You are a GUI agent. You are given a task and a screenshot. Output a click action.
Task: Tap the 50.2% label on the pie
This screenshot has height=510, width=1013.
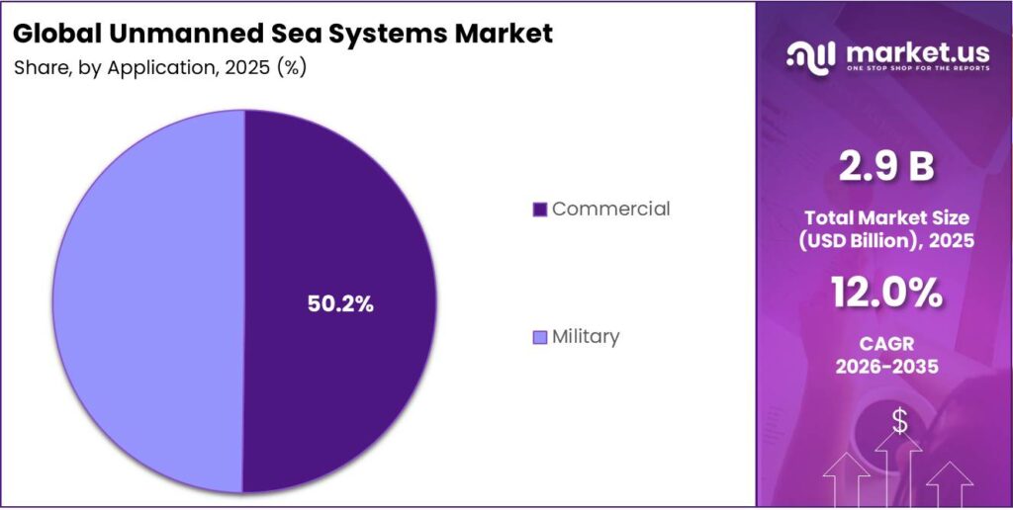pyautogui.click(x=339, y=304)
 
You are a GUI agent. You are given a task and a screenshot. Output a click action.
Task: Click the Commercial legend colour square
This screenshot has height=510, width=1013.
pyautogui.click(x=539, y=210)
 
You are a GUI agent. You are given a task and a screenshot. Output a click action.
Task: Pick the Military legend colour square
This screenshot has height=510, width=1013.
pyautogui.click(x=539, y=337)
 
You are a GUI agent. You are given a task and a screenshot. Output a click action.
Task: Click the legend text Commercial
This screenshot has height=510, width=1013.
pyautogui.click(x=610, y=209)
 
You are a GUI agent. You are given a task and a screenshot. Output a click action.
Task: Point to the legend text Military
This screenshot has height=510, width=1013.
pyautogui.click(x=586, y=336)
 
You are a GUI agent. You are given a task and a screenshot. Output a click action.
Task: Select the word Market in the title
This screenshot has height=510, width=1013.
pyautogui.click(x=503, y=33)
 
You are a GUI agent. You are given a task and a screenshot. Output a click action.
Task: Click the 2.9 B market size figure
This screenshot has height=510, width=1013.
pyautogui.click(x=886, y=167)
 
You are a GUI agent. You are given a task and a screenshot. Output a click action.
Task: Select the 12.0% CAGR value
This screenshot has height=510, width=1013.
pyautogui.click(x=886, y=294)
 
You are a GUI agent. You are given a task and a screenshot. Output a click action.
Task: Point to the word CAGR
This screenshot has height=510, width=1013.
pyautogui.click(x=886, y=343)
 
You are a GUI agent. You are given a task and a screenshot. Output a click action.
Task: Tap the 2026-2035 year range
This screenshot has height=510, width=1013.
pyautogui.click(x=886, y=367)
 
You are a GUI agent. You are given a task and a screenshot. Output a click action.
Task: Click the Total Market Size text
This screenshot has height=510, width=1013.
pyautogui.click(x=886, y=217)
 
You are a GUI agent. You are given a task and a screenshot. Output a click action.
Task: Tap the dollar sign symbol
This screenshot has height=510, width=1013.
pyautogui.click(x=899, y=421)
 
